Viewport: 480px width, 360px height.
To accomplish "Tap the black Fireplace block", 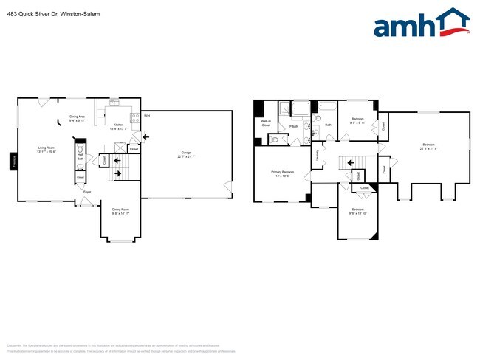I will tap(13, 160).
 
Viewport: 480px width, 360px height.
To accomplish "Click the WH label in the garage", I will tap(147, 116).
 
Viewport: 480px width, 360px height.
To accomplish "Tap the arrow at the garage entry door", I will tap(145, 136).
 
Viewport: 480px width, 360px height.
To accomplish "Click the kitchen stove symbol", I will tap(135, 117).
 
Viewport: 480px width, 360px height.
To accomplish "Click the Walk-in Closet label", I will tap(265, 124).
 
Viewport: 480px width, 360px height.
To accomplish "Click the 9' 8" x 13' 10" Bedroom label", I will tap(358, 212).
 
